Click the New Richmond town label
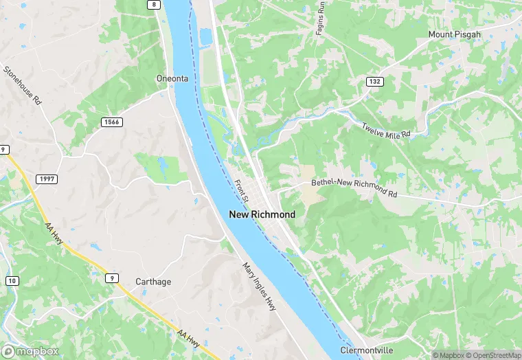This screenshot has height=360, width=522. [262, 214]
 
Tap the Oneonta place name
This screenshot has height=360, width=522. [172, 78]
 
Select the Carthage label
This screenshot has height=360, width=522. [153, 282]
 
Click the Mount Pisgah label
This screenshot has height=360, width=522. [455, 34]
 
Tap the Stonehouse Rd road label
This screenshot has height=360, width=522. [23, 85]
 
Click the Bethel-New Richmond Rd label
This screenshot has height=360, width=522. [354, 188]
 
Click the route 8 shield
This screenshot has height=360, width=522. [155, 5]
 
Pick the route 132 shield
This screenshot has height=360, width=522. [374, 82]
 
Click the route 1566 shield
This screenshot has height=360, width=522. [111, 122]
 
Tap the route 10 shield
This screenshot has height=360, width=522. [12, 281]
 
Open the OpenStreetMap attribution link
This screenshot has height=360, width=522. [493, 355]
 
